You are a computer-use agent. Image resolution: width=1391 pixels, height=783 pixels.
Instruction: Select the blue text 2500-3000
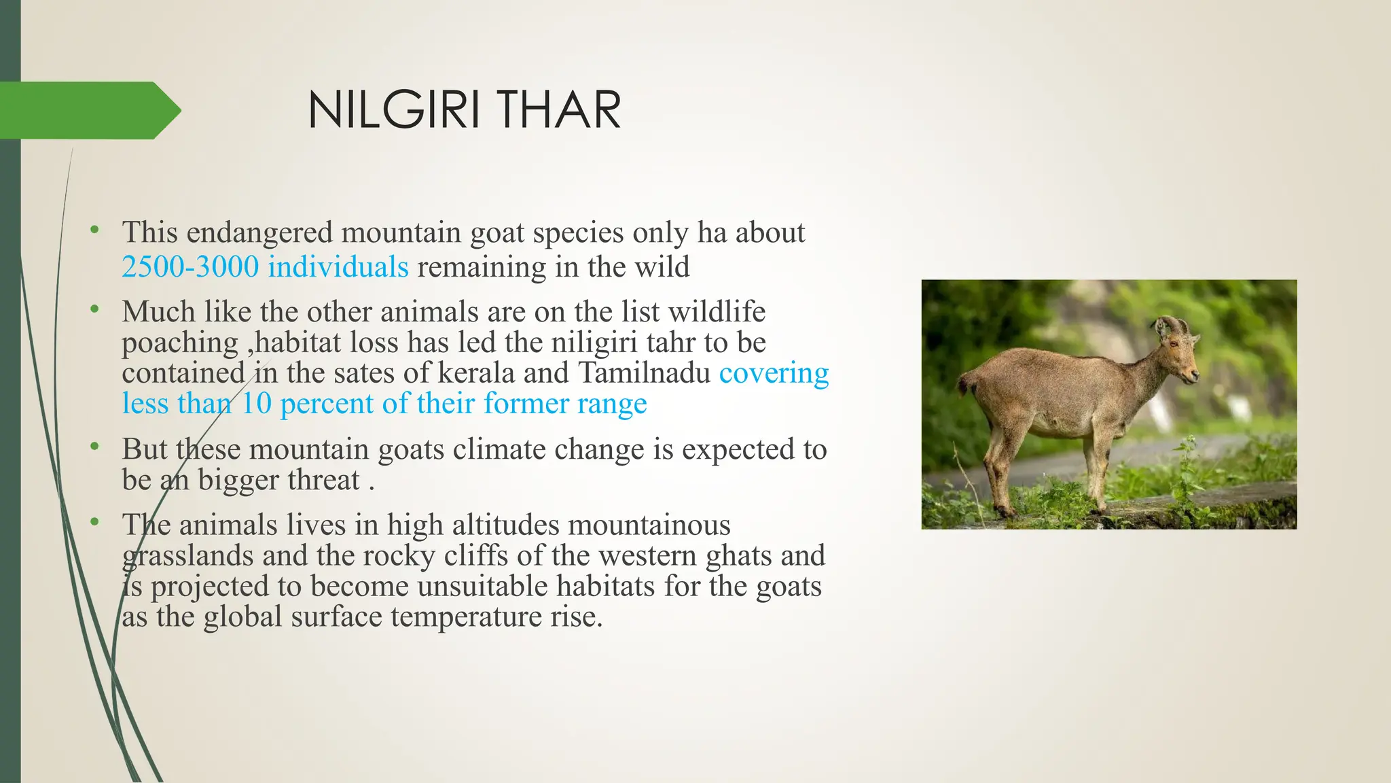pos(190,267)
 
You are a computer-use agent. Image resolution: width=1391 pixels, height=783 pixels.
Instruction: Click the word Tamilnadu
pos(644,373)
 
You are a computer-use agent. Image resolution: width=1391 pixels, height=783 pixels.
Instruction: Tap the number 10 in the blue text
pos(257,404)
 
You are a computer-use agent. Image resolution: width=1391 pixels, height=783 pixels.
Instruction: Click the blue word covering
pos(774,373)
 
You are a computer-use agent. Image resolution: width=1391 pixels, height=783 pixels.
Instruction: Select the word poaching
pos(180,343)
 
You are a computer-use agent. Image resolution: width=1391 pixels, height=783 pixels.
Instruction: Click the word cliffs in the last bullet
pos(475,556)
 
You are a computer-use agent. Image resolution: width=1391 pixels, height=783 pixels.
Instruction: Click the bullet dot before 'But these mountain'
pos(95,447)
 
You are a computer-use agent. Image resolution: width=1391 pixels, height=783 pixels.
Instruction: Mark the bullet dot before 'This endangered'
pos(95,230)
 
